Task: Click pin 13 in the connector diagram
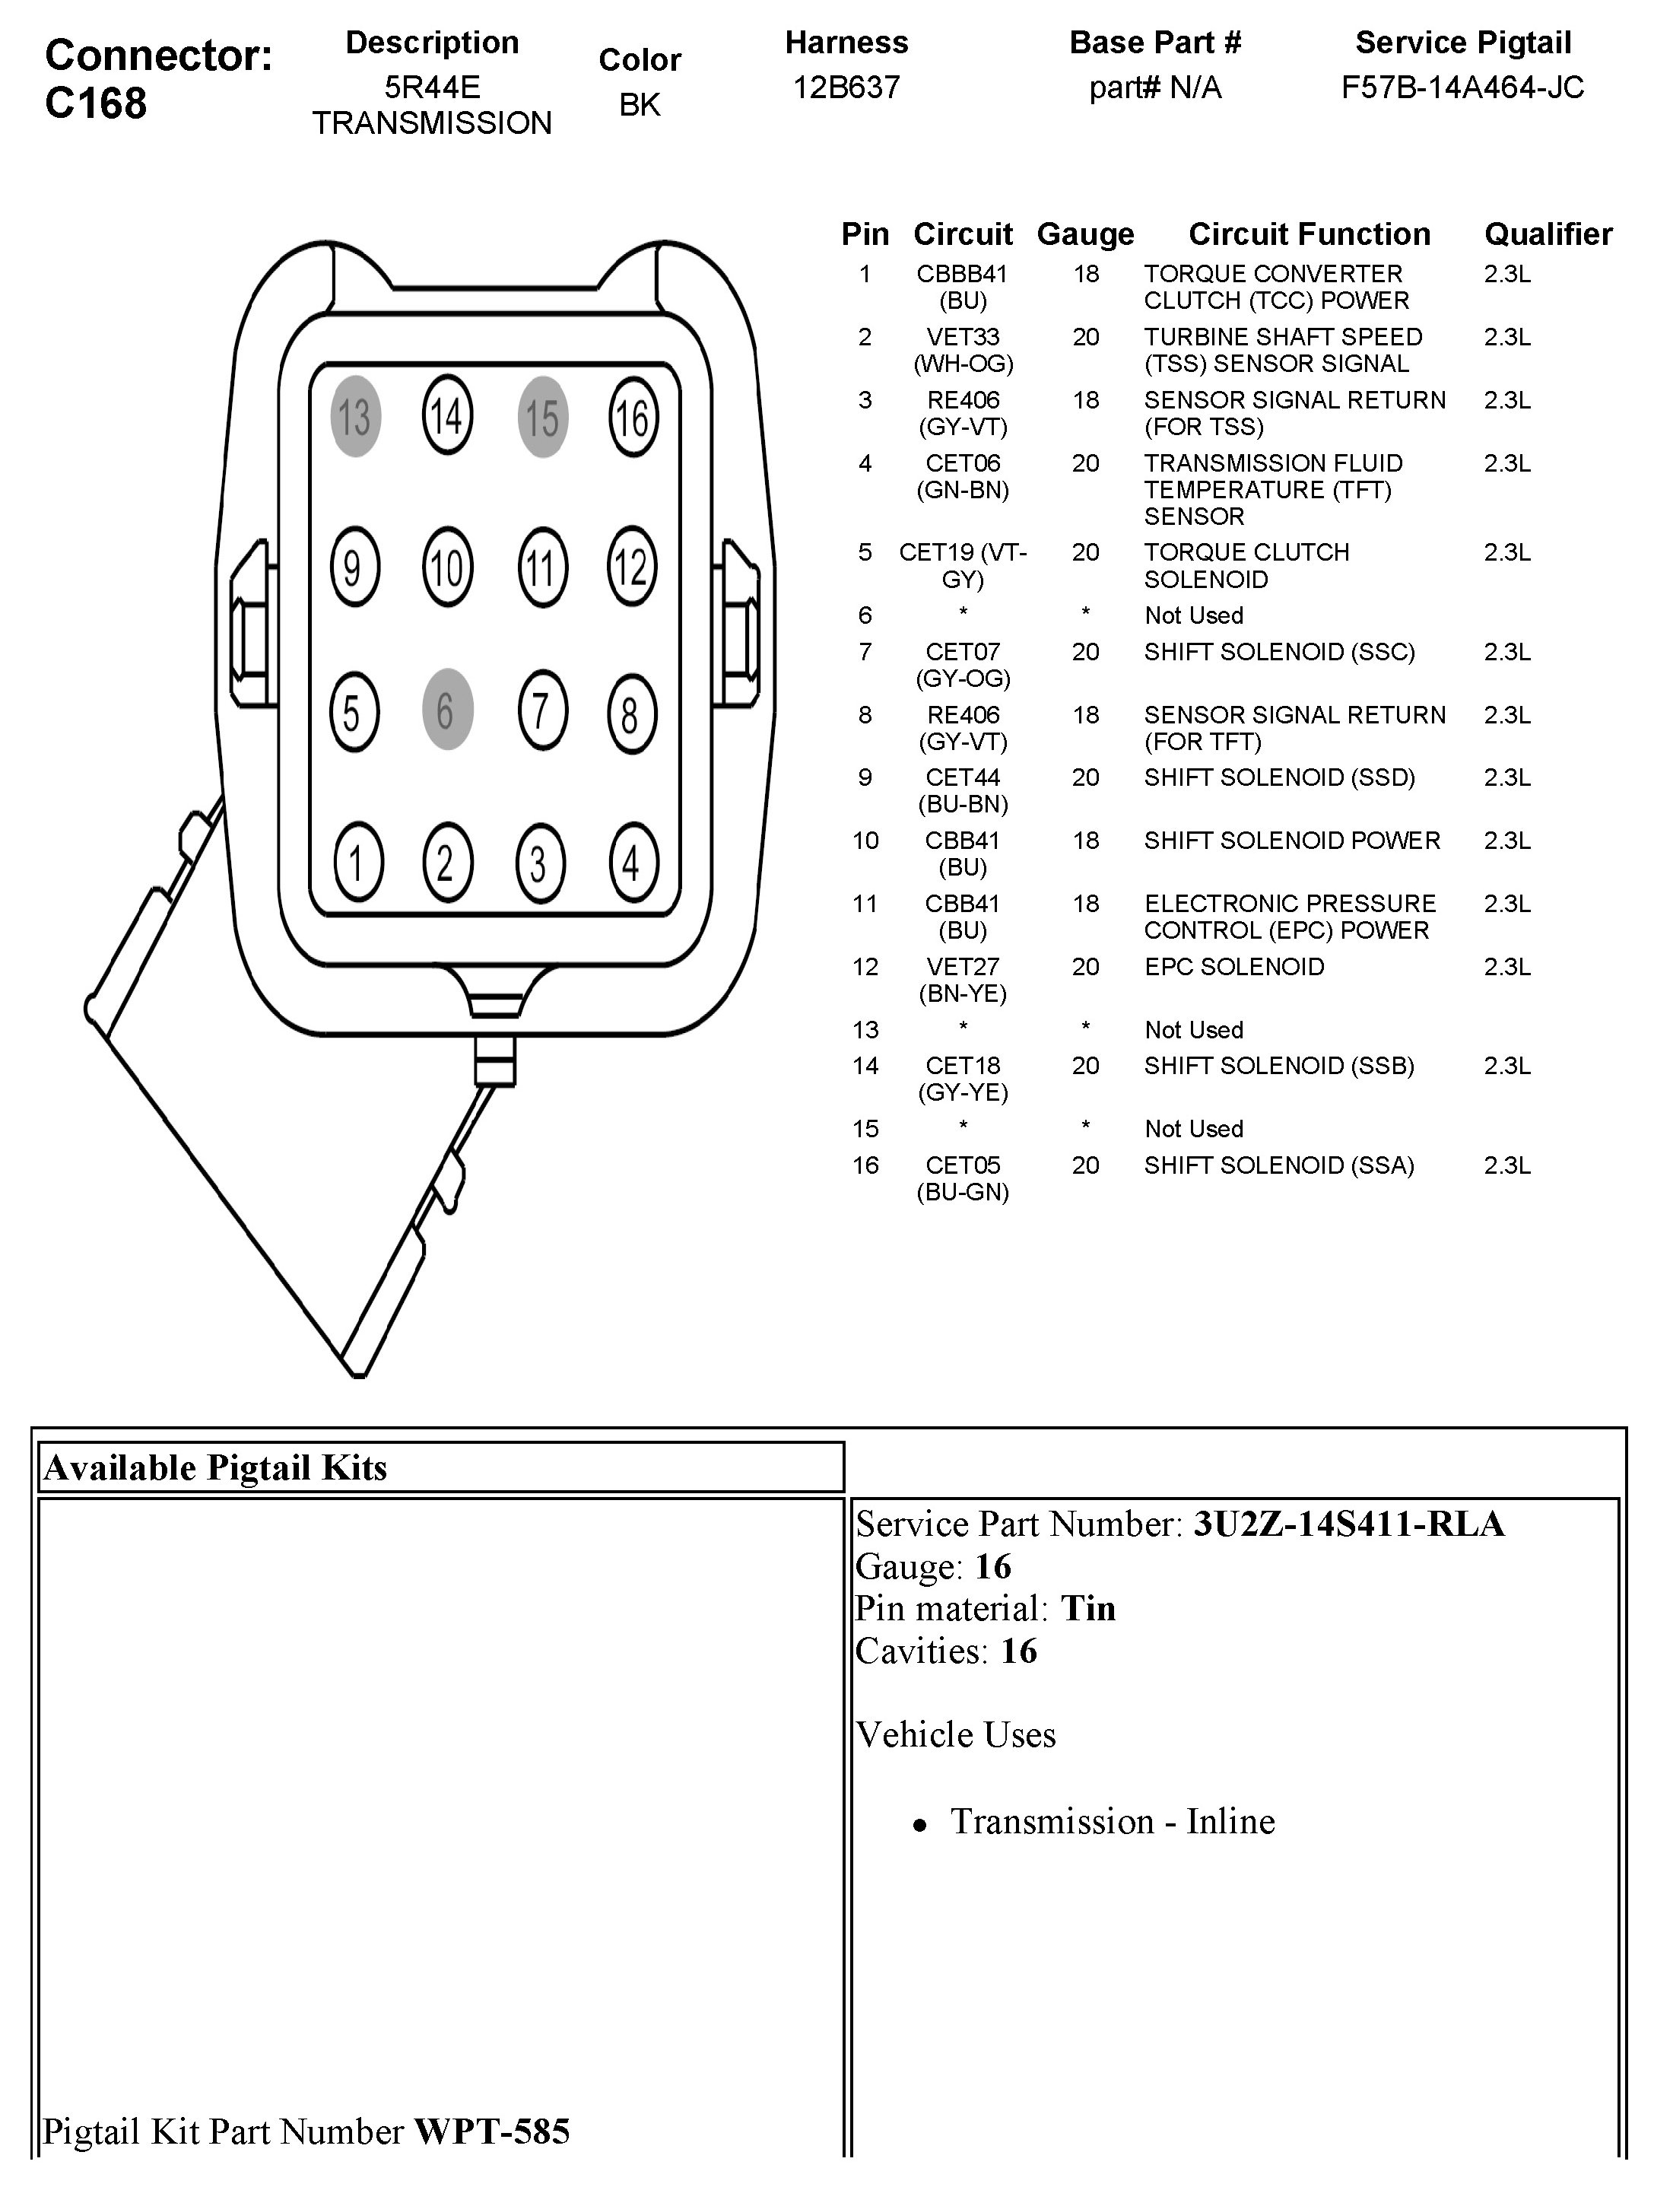355,416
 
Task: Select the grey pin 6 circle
447,710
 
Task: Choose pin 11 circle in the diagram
541,567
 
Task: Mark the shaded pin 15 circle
541,416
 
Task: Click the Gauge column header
1084,234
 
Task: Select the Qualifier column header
1548,234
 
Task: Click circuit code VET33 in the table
963,337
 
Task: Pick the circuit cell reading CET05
963,1165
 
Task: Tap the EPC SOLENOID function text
1233,966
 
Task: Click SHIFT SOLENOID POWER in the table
1291,841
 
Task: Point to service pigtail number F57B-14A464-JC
1462,88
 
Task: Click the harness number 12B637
846,88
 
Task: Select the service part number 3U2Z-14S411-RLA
1348,1524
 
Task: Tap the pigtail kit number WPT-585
491,2131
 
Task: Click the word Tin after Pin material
1087,1609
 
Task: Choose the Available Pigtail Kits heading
215,1467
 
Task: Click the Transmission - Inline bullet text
1113,1821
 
